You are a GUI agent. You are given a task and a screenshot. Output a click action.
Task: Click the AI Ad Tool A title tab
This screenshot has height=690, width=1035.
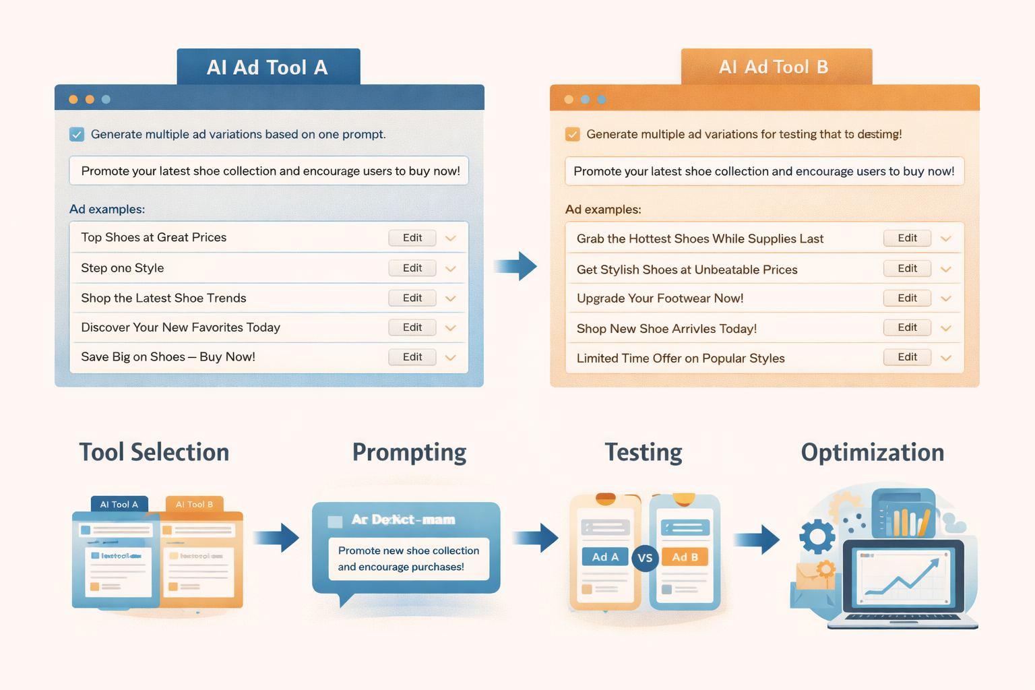coord(268,67)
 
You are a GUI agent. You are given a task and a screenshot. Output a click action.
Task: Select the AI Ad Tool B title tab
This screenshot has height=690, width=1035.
coord(776,67)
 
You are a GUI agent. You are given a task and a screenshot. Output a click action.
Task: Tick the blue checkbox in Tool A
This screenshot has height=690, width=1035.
coord(77,134)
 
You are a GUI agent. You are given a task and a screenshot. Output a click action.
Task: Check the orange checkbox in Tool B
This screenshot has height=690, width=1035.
coord(573,134)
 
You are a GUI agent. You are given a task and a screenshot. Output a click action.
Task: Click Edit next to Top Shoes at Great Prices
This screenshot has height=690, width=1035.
coord(412,238)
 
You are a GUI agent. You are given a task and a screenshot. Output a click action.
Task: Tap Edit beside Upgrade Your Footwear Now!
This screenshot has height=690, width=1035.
coord(907,298)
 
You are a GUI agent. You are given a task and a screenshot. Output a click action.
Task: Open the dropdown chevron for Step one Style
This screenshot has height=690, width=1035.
coord(451,269)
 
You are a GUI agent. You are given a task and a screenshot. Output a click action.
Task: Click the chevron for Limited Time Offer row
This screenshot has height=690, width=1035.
coord(946,358)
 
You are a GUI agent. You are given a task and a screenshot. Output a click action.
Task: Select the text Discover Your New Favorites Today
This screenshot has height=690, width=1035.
coord(181,327)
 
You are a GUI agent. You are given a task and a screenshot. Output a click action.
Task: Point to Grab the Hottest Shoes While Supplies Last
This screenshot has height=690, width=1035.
coord(700,239)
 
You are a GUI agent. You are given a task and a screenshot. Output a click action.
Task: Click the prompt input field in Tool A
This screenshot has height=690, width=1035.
coord(269,171)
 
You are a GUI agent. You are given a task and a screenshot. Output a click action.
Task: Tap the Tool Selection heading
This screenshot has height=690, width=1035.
coord(154,452)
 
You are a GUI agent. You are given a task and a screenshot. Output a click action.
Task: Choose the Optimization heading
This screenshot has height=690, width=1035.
coord(873,452)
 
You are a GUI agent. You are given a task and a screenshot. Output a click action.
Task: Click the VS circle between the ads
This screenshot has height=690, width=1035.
coord(645,558)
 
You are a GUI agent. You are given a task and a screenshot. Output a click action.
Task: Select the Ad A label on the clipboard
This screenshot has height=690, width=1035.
coord(605,557)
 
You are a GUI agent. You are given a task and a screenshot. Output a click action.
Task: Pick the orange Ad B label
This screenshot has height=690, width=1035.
coord(685,557)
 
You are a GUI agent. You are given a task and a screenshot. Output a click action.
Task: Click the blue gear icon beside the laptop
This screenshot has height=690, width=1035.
coord(817,537)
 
